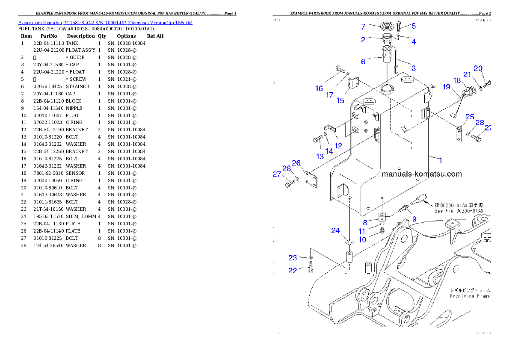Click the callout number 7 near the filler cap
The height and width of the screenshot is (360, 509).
tap(363, 27)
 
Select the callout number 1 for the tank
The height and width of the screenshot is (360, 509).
tap(441, 160)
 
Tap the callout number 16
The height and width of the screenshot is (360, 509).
tap(319, 89)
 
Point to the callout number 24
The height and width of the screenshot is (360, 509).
tap(335, 231)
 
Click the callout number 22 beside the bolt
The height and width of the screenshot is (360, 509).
tap(293, 271)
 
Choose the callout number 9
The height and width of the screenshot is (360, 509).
tap(414, 219)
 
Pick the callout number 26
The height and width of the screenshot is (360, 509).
tap(296, 163)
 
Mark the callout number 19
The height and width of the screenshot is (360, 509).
tap(446, 87)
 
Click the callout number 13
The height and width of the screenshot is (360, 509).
tap(320, 156)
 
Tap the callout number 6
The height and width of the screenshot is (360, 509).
tap(363, 62)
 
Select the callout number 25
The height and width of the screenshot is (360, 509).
tap(470, 117)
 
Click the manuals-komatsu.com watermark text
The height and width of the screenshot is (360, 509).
tap(421, 174)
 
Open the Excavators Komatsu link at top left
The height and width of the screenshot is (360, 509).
tap(105, 23)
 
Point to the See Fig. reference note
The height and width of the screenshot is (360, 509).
tap(459, 211)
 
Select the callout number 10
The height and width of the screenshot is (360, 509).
tap(362, 239)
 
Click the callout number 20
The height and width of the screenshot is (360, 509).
tap(478, 68)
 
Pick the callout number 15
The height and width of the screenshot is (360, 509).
tap(340, 100)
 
